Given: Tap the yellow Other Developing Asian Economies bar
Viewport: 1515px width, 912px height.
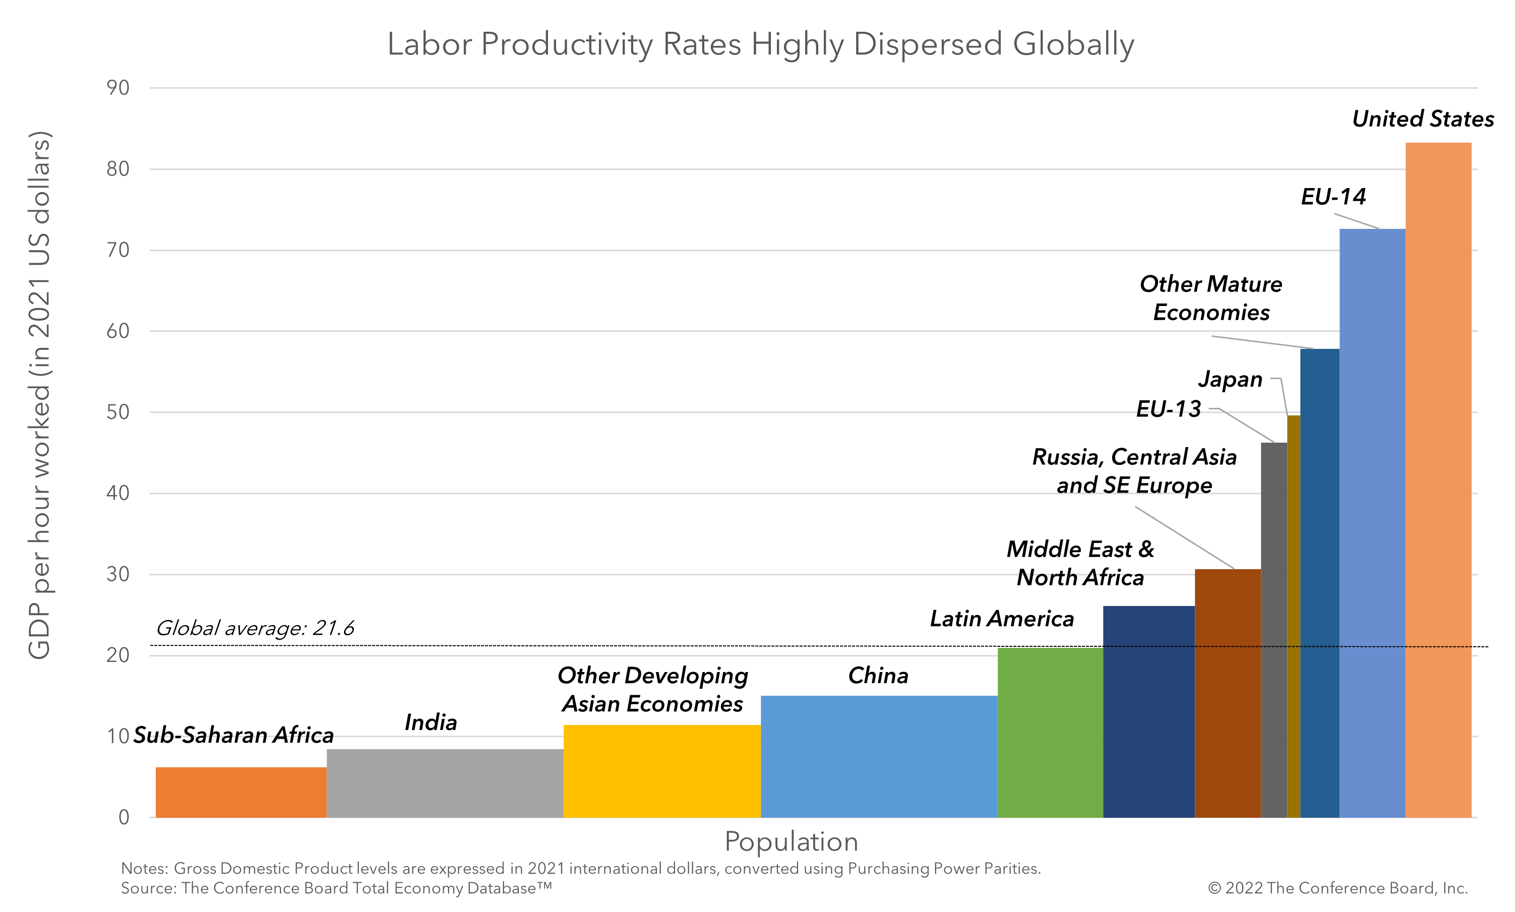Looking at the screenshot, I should click(661, 771).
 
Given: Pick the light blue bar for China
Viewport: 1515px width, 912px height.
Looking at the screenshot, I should click(878, 756).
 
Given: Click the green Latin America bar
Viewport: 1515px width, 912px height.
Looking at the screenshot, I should click(1050, 732).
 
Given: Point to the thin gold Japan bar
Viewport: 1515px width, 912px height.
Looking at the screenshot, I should click(1293, 615).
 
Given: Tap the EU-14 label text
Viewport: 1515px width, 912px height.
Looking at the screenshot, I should click(1332, 197).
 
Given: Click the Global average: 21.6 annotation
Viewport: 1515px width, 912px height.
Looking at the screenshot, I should click(255, 628).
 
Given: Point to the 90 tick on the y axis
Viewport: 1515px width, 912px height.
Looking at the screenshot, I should click(117, 88).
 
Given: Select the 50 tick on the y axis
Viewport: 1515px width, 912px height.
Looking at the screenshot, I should click(117, 412).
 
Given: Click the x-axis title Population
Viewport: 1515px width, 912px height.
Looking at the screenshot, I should click(791, 841).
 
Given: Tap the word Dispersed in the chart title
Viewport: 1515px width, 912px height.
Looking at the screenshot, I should click(928, 44).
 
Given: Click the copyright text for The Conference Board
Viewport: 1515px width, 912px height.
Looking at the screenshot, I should click(1338, 888).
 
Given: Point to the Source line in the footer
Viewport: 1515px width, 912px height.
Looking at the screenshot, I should click(336, 888).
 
